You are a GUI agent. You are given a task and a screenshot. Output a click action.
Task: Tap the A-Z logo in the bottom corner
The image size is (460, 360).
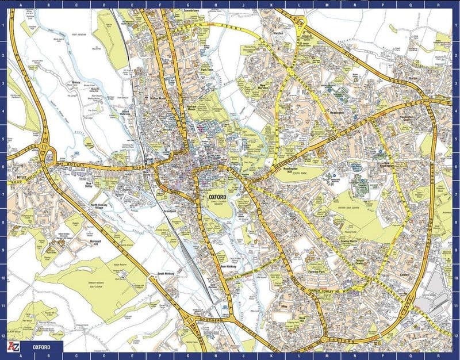(13, 348)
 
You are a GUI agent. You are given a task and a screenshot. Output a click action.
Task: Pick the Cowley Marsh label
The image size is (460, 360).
(349, 242)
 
